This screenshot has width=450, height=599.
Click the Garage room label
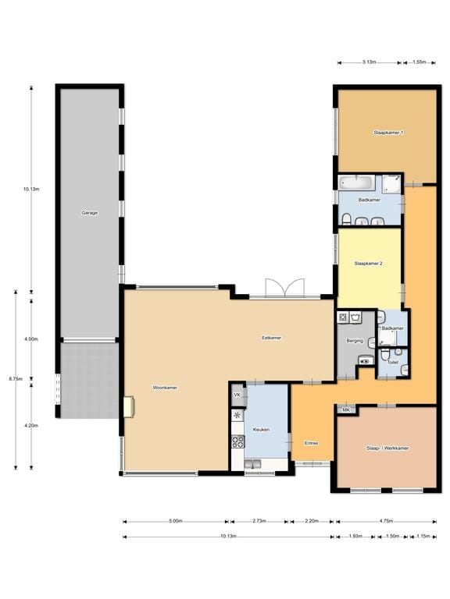pyautogui.click(x=90, y=213)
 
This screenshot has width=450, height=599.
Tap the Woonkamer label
pyautogui.click(x=165, y=388)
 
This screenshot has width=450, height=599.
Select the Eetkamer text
pyautogui.click(x=272, y=338)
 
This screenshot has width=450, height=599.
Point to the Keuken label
pyautogui.click(x=262, y=430)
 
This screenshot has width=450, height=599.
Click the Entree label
pyautogui.click(x=312, y=443)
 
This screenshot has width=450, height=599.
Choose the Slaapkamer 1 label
pyautogui.click(x=388, y=133)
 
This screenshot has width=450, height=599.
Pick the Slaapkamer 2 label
pyautogui.click(x=369, y=263)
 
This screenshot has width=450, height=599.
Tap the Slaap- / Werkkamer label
pyautogui.click(x=387, y=448)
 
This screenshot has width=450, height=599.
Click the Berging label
pyautogui.click(x=355, y=340)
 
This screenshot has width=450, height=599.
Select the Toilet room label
pyautogui.click(x=393, y=362)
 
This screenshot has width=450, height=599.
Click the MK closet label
pyautogui.click(x=346, y=410)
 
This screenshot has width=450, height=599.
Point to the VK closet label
pyautogui.click(x=237, y=395)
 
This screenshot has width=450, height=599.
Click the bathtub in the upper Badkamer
pyautogui.click(x=356, y=183)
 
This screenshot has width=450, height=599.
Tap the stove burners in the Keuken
pyautogui.click(x=237, y=442)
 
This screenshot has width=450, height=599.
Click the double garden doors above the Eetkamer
pyautogui.click(x=285, y=288)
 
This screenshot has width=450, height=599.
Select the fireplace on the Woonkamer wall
pyautogui.click(x=129, y=407)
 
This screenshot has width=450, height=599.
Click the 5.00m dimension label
pyautogui.click(x=176, y=521)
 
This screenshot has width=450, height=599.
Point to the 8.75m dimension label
pyautogui.click(x=16, y=379)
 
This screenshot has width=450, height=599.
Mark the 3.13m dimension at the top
pyautogui.click(x=370, y=62)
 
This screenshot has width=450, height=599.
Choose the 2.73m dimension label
pyautogui.click(x=259, y=521)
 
